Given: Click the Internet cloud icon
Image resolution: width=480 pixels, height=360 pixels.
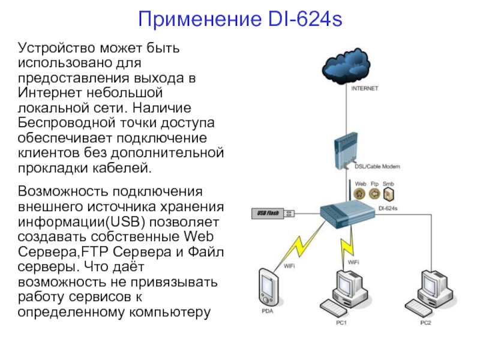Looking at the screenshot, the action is tap(346, 66).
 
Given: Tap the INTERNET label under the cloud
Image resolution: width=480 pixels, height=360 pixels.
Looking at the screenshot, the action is tap(365, 88).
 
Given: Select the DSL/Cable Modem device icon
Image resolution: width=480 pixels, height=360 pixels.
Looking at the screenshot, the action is tap(346, 151).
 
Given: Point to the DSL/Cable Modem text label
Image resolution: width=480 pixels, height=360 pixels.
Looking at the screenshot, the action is tap(377, 167).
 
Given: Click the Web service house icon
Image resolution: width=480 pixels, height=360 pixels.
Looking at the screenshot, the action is tap(359, 194).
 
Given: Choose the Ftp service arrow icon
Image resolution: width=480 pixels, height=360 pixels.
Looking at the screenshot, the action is tap(374, 194).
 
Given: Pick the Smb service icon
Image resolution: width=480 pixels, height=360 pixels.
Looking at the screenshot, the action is tap(388, 194).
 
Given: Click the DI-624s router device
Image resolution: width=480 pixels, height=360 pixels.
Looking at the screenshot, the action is tap(347, 214).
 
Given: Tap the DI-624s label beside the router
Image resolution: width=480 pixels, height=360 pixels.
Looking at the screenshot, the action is tap(388, 208).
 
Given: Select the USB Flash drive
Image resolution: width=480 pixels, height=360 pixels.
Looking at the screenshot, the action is tap(273, 213).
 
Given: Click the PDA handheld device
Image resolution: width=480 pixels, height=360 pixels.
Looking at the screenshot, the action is tap(268, 288).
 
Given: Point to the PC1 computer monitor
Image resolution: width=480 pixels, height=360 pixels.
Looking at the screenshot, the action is tap(347, 284).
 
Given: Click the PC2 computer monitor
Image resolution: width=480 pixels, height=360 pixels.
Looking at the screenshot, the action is tap(431, 284).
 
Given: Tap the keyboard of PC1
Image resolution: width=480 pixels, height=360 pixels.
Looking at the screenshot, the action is tap(332, 308).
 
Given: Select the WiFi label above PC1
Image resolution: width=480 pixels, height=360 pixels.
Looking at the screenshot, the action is tap(353, 262).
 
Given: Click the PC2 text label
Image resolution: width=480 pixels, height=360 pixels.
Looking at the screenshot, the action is tap(425, 323).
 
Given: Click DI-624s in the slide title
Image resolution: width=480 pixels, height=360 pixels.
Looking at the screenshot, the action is tap(305, 19).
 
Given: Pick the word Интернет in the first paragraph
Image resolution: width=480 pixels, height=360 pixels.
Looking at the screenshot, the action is tap(50, 92).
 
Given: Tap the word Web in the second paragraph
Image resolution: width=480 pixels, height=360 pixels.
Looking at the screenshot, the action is tap(199, 236).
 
